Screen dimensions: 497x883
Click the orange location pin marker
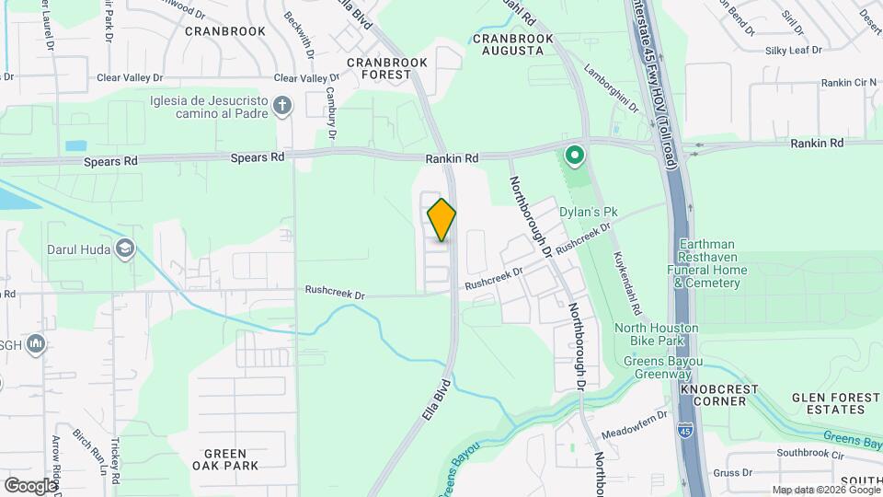(x=441, y=220)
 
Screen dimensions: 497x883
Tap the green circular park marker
(x=575, y=156)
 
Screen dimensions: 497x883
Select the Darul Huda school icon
(x=124, y=248)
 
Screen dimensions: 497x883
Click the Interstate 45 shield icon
(x=685, y=429)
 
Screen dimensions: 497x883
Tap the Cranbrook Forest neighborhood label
(x=387, y=68)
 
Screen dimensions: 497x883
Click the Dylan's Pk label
(x=589, y=213)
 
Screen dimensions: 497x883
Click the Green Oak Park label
(x=225, y=459)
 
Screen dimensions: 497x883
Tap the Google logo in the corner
(x=30, y=485)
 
